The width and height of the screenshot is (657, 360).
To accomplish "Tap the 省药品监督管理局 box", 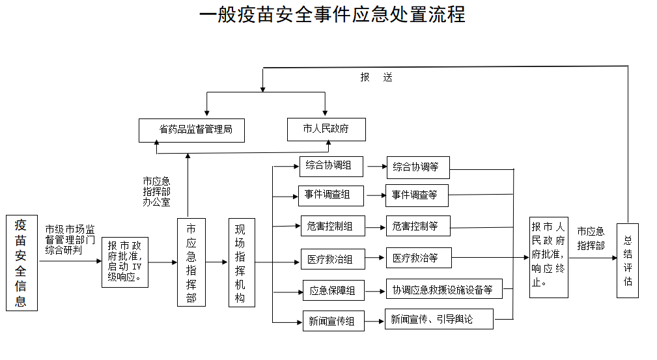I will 195,130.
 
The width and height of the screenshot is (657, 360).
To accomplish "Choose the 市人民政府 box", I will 326,129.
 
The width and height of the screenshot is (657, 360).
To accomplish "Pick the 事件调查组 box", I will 331,195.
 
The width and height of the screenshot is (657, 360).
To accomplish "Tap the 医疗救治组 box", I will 331,259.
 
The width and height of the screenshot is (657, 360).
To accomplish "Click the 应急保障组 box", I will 333,291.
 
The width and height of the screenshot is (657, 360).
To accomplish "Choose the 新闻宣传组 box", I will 333,320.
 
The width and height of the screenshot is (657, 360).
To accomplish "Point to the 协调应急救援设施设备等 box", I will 443,289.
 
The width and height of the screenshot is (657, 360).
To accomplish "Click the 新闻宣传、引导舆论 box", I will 438,319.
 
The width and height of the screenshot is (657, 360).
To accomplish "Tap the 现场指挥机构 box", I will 241,262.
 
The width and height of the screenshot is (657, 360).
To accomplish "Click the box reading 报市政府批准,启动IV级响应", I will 124,262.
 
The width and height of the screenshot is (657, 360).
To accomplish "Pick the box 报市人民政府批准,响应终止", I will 548,257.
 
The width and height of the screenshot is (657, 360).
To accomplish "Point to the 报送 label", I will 376,77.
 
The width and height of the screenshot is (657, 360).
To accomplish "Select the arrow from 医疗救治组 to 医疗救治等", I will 375,258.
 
